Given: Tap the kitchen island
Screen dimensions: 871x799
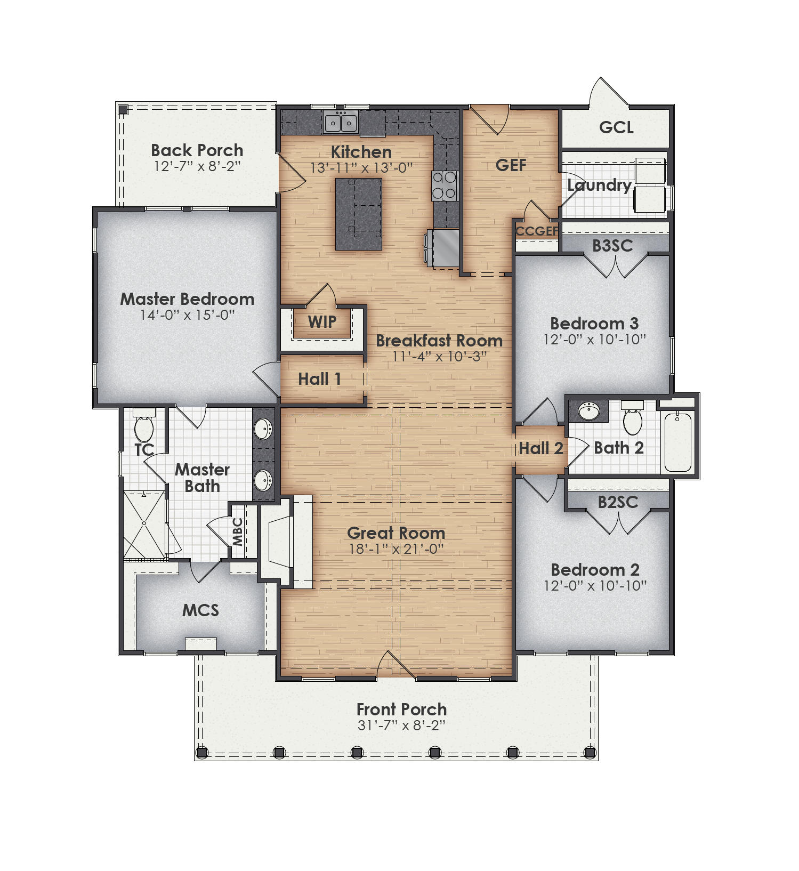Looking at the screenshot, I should coord(358,214).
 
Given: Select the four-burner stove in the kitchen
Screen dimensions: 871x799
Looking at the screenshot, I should coord(444,186).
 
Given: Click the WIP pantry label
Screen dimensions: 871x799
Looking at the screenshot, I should coord(322,322).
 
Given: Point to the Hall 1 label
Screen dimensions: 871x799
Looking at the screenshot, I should coord(319,379).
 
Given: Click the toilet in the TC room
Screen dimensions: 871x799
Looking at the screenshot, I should coord(143,426).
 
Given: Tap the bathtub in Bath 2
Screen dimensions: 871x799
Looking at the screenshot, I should coord(677,442).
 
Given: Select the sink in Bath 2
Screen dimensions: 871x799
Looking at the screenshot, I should coord(588,412).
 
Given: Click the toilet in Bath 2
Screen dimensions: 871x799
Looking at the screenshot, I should coord(633,420).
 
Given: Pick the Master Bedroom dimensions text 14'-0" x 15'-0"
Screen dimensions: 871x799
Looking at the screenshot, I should coord(187,315).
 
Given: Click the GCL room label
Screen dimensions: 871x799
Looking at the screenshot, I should coord(616,127).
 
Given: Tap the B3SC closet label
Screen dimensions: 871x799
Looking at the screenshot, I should coord(612,246).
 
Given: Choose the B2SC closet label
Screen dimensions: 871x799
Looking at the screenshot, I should coord(618,502).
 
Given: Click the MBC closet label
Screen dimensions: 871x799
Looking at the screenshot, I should coord(238,531).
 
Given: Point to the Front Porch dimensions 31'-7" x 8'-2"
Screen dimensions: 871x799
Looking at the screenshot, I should coord(401,725).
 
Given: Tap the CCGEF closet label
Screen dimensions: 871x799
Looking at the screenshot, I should coord(536,231).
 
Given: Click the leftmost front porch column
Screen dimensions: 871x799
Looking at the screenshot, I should coord(201,753).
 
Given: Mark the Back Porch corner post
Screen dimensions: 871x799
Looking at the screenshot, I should coord(123,110).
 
